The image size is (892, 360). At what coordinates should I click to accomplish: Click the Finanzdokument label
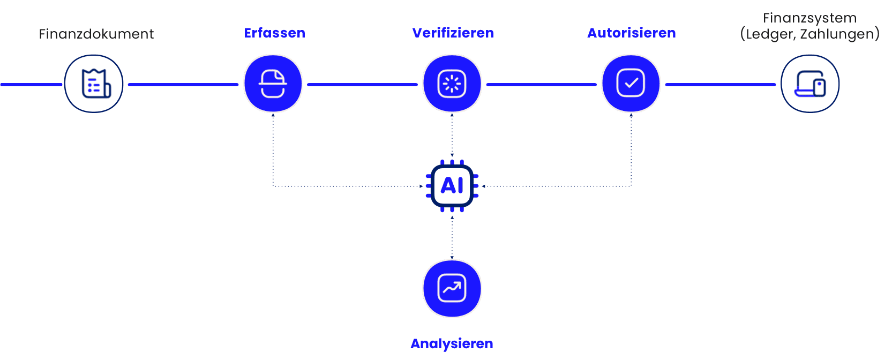[x=96, y=34]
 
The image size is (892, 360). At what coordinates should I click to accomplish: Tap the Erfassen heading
[x=274, y=33]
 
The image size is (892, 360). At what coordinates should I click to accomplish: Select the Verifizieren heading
[x=453, y=33]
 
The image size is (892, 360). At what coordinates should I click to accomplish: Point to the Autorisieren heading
[x=631, y=33]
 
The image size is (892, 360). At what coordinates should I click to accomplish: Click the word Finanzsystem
[x=809, y=18]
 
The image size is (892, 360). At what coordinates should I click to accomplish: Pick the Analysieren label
[x=452, y=343]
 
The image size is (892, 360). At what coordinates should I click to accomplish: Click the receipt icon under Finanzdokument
[x=94, y=84]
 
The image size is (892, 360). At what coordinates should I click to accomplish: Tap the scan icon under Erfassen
[x=273, y=84]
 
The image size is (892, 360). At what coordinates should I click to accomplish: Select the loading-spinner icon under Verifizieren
[x=452, y=84]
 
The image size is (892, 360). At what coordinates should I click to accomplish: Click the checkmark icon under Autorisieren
[x=631, y=84]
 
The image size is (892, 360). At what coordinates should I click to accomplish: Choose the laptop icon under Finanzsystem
[x=809, y=84]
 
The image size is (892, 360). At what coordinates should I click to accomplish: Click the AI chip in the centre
[x=452, y=186]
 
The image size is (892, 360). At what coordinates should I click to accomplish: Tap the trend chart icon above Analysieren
[x=452, y=288]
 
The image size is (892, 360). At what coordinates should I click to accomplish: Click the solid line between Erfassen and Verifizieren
[x=362, y=85]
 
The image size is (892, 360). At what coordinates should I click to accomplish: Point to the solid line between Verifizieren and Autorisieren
[x=541, y=85]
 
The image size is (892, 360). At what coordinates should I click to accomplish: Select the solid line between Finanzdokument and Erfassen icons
[x=183, y=85]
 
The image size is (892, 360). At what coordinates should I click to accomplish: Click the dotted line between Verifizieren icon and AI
[x=452, y=135]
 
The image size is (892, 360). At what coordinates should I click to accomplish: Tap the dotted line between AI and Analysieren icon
[x=452, y=237]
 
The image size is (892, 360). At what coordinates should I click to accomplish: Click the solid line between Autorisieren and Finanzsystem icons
[x=720, y=85]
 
